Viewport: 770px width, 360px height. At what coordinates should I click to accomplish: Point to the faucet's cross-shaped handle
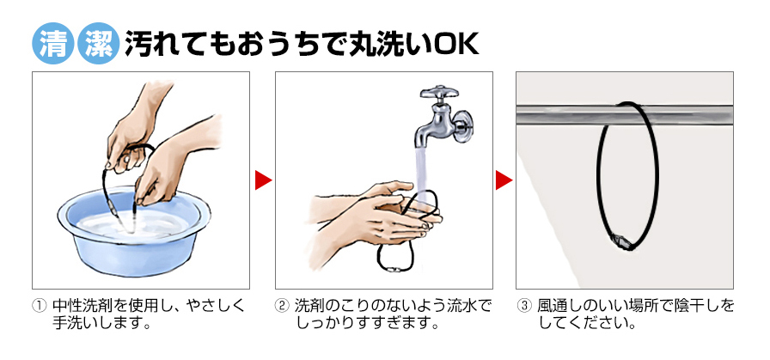439,94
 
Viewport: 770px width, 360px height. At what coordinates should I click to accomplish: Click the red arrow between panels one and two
263,180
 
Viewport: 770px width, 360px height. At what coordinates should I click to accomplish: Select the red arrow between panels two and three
504,180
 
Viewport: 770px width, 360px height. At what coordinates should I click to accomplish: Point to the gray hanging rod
624,115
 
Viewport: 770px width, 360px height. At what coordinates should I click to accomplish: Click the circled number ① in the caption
39,306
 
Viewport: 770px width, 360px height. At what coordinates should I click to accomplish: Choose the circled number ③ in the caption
524,306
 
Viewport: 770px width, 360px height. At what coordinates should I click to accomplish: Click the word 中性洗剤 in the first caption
83,306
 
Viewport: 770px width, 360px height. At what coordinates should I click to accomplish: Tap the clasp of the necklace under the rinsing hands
394,269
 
